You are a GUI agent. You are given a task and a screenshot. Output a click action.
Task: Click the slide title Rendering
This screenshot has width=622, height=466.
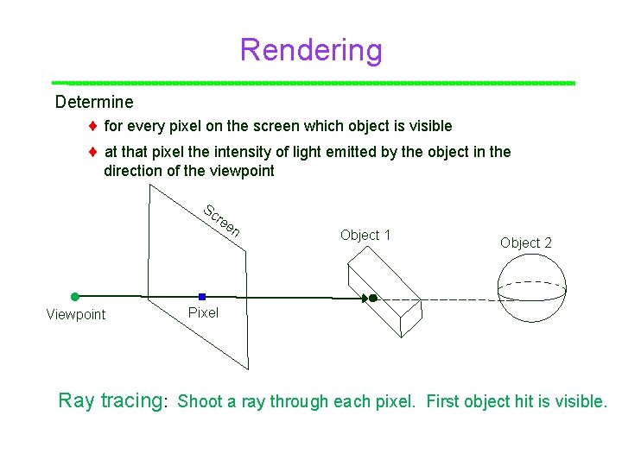click(311, 50)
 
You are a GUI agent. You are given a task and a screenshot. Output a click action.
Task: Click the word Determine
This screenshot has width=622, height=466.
click(94, 102)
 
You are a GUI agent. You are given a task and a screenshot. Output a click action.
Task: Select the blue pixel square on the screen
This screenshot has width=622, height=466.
click(201, 296)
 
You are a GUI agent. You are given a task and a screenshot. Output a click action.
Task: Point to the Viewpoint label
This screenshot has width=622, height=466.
click(76, 314)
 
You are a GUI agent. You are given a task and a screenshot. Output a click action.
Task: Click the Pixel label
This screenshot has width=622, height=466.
click(203, 312)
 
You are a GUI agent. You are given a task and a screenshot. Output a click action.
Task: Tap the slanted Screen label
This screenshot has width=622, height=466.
click(221, 221)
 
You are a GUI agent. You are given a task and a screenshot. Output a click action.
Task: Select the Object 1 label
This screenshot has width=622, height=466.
click(365, 235)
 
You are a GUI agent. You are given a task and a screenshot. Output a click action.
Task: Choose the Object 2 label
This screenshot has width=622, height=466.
click(525, 242)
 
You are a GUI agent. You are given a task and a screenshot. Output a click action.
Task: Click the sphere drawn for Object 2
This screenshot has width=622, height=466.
click(532, 289)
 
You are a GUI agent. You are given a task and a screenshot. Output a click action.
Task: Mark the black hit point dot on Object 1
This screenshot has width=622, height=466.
click(372, 299)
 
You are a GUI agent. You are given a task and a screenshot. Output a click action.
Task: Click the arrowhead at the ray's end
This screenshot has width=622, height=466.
click(363, 299)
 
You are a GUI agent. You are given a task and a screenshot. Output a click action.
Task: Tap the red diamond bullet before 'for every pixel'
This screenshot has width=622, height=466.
click(92, 127)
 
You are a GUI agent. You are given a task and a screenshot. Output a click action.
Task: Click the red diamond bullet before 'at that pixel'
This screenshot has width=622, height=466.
click(92, 153)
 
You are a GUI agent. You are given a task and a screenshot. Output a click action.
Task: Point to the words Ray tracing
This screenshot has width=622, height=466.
click(111, 400)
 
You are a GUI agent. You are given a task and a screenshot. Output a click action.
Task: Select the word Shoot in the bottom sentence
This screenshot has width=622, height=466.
click(200, 401)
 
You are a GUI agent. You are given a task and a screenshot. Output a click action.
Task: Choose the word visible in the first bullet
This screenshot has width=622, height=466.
click(426, 126)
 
